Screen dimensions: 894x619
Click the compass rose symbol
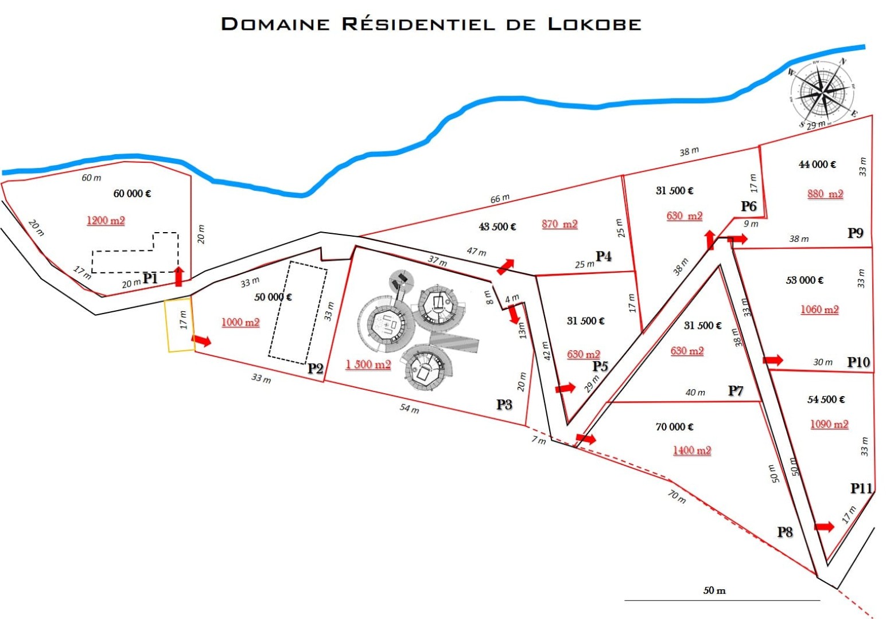[x=822, y=92]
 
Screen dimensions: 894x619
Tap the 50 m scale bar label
[x=714, y=590]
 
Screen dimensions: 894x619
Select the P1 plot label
[x=150, y=278]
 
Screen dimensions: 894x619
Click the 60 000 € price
[x=132, y=194]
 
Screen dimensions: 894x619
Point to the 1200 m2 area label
[x=106, y=221]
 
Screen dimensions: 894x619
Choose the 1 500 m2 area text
[x=368, y=365]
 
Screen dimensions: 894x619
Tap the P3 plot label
[x=504, y=405]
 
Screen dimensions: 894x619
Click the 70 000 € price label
[x=674, y=427]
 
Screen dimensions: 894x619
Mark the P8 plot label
[x=785, y=532]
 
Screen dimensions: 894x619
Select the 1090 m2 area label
[x=829, y=424]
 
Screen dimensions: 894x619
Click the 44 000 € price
[x=817, y=164]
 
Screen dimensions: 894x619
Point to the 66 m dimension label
[x=500, y=198]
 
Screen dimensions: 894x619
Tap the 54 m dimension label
[x=410, y=408]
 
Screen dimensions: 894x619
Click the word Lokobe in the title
[x=594, y=24]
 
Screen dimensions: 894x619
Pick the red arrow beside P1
[x=179, y=277]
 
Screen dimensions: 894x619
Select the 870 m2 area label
[x=559, y=224]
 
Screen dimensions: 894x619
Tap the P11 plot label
[x=861, y=488]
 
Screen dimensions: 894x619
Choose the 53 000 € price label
[x=804, y=280]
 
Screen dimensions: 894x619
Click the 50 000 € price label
[x=273, y=297]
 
